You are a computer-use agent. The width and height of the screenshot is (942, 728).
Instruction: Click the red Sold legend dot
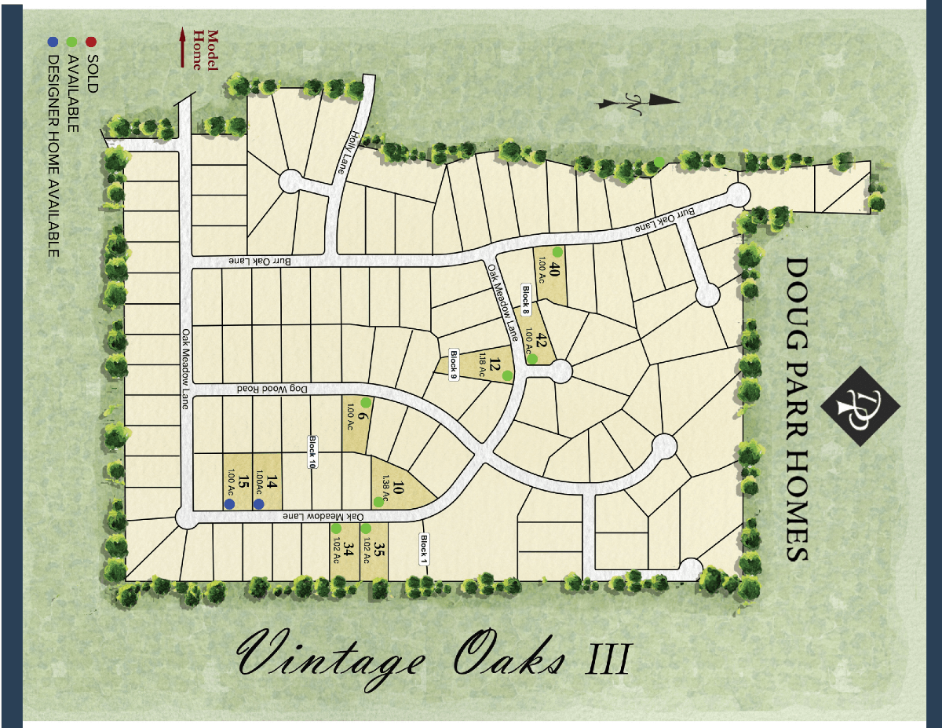[92, 41]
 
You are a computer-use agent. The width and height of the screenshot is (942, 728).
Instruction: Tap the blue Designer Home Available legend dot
[53, 41]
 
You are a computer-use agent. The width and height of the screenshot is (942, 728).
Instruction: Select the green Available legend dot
[72, 41]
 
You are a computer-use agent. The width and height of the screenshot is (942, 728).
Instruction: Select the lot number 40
[554, 271]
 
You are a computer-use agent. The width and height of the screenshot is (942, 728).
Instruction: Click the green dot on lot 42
[531, 359]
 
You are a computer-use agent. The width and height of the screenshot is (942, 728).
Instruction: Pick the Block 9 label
[453, 364]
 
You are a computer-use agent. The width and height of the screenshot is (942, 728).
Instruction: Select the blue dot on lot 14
[258, 504]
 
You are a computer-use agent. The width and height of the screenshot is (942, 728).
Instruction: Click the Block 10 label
[312, 452]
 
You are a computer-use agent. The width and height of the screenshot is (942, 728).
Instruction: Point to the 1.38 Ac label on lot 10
[385, 481]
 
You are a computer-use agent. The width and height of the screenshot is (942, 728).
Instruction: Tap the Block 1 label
[423, 550]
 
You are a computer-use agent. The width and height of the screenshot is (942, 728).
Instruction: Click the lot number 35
[379, 551]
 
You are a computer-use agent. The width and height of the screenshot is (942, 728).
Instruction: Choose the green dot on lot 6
[365, 402]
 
